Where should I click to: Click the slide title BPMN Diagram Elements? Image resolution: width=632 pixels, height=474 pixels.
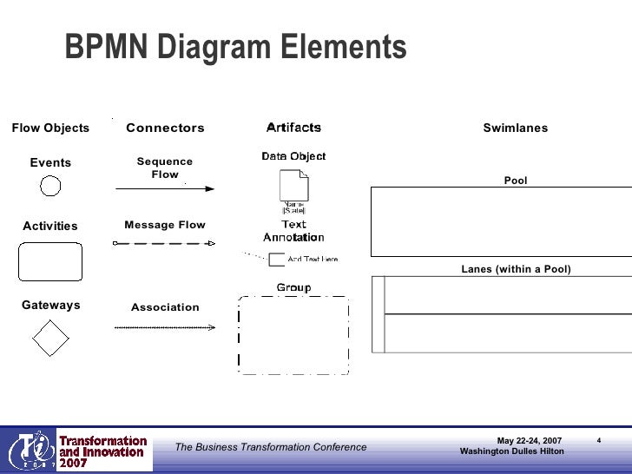(235, 48)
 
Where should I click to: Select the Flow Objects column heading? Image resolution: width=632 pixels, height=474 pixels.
(50, 128)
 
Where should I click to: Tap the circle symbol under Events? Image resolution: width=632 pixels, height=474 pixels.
(50, 186)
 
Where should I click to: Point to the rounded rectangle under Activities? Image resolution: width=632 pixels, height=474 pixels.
(50, 261)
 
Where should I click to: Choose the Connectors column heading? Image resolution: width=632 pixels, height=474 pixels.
(165, 128)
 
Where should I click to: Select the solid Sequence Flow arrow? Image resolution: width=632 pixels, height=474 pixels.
(164, 188)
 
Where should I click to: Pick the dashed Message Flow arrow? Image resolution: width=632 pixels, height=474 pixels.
(164, 243)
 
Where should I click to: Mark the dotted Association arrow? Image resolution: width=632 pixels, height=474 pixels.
(164, 327)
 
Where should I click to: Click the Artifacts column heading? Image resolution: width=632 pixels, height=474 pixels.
(293, 128)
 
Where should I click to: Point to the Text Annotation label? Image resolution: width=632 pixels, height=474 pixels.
(293, 230)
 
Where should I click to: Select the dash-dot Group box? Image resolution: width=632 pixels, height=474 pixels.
(293, 335)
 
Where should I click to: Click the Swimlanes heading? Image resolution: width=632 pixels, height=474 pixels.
(516, 128)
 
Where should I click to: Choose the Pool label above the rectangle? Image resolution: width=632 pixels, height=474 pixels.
(516, 181)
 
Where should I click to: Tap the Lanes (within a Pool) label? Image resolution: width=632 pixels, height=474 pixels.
(516, 269)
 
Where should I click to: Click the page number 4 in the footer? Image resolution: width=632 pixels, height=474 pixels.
(599, 440)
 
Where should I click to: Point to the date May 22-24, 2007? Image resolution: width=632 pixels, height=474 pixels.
(529, 441)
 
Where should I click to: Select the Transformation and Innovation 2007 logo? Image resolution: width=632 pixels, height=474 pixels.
(78, 451)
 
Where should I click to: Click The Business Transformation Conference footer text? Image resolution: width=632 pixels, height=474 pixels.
(271, 447)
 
